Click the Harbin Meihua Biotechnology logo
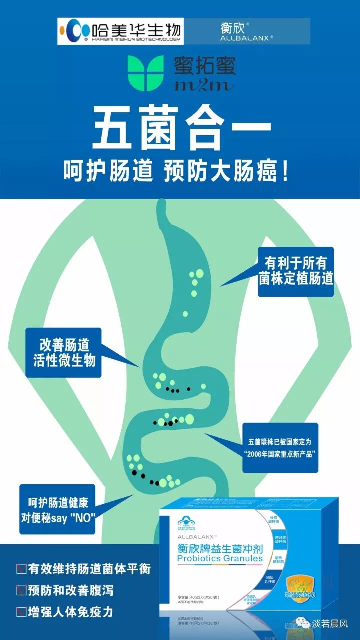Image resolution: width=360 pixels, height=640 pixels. [120, 31]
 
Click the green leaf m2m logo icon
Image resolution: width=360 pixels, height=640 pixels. [145, 73]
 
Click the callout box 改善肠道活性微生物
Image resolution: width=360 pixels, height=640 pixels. [64, 352]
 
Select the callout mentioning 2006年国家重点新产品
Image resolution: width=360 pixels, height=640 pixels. [280, 448]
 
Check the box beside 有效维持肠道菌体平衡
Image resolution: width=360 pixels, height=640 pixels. [21, 569]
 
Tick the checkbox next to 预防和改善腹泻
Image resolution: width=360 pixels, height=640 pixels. [21, 591]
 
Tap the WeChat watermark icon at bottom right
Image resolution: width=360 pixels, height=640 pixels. [302, 623]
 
